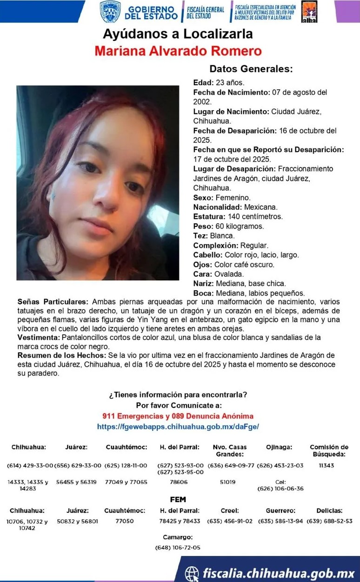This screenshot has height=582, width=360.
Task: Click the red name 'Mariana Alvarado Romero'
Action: pyautogui.click(x=178, y=51)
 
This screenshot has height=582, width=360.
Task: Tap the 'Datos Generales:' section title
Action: pyautogui.click(x=251, y=69)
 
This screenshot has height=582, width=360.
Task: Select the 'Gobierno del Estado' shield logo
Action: pyautogui.click(x=110, y=12)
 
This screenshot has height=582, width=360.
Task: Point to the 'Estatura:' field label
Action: pyautogui.click(x=209, y=217)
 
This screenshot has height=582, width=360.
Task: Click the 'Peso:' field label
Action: pyautogui.click(x=202, y=226)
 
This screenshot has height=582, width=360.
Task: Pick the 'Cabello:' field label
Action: pyautogui.click(x=208, y=255)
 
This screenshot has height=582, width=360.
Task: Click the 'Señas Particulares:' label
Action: pyautogui.click(x=52, y=302)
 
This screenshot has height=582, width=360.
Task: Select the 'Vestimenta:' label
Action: pyautogui.click(x=38, y=337)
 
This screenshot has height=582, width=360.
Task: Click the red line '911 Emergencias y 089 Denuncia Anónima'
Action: pyautogui.click(x=178, y=416)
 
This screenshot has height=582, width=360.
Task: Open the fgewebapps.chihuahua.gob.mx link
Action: pyautogui.click(x=178, y=426)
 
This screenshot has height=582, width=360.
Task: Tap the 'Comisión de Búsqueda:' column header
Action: pyautogui.click(x=329, y=450)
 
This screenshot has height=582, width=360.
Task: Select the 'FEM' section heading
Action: pyautogui.click(x=178, y=500)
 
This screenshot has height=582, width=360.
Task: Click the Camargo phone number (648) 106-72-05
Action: pyautogui.click(x=178, y=548)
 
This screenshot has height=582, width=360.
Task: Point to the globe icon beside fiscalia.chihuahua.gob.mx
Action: pyautogui.click(x=192, y=572)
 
